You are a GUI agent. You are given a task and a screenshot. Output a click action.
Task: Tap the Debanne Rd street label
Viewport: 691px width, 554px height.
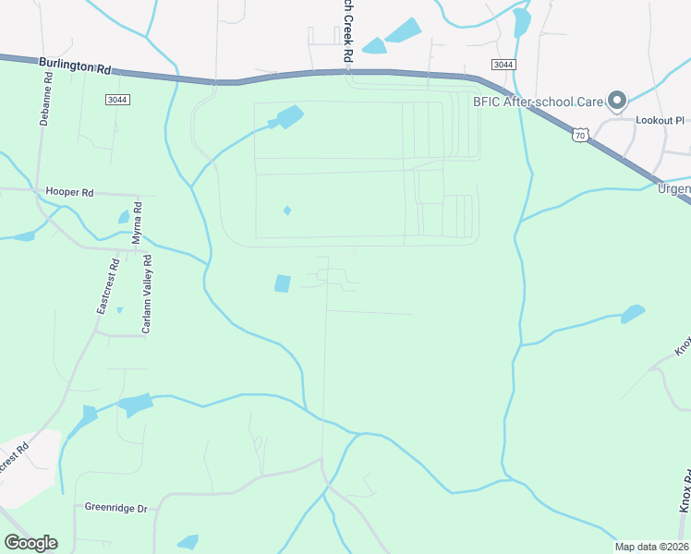coord(48,90)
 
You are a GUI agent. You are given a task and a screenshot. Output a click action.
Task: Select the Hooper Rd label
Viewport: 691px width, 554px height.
coord(70,193)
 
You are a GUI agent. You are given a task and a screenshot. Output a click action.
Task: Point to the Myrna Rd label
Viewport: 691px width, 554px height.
coord(137,223)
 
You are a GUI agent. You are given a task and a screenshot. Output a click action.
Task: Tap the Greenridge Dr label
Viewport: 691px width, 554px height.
coord(116,508)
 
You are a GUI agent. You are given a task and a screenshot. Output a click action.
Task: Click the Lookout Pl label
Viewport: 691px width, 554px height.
coord(659,120)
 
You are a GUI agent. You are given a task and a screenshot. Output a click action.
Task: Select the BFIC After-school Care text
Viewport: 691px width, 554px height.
coord(539,101)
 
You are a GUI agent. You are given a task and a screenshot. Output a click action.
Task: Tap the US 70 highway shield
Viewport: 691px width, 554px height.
coord(579,135)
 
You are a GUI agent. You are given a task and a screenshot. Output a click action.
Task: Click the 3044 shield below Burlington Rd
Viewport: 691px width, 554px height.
coord(116,99)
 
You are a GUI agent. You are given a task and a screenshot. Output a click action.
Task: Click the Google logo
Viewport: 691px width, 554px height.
coord(30,543)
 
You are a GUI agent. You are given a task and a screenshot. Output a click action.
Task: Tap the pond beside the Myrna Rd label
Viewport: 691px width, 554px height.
coord(123,218)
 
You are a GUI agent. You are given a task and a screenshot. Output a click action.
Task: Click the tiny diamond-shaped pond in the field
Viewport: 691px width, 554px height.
coord(287,211)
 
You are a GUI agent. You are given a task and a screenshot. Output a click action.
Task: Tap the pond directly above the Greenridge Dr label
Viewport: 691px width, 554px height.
coord(135,404)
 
